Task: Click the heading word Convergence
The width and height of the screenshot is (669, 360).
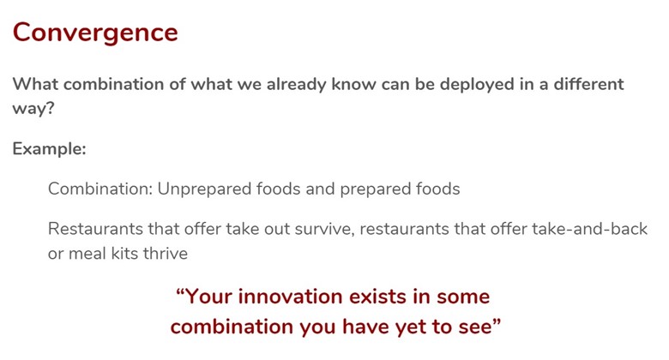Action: [95, 33]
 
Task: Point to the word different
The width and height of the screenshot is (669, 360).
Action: [588, 84]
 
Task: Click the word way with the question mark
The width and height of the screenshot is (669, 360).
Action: [33, 108]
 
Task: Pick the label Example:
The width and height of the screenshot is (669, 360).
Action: [49, 149]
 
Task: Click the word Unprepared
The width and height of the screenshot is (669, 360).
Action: [204, 189]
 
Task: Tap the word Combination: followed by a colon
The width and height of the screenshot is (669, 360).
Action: [99, 189]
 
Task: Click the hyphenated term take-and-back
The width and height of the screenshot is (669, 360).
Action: [589, 229]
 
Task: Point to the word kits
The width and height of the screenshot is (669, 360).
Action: [128, 254]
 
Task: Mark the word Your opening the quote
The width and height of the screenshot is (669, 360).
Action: [208, 297]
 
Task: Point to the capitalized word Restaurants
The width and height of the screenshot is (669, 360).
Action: [95, 229]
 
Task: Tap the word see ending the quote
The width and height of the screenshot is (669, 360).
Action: [474, 327]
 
